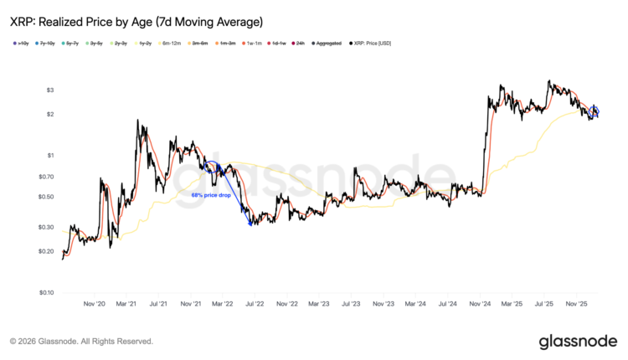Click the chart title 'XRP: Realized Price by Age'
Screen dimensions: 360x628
(137, 20)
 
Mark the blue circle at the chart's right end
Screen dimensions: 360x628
(595, 112)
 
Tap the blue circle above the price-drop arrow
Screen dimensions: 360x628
(211, 167)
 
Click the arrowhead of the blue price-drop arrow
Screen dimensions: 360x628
(250, 223)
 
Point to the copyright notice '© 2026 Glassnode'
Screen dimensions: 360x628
(81, 342)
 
